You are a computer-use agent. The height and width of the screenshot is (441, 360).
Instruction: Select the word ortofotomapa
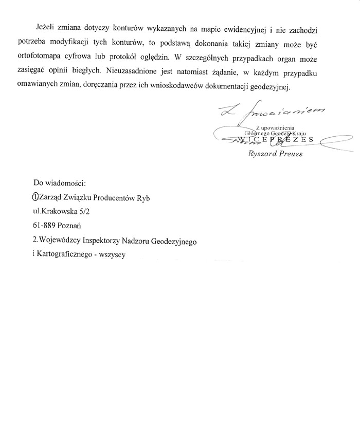pyautogui.click(x=58, y=57)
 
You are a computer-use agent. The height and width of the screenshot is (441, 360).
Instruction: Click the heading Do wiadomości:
pyautogui.click(x=59, y=182)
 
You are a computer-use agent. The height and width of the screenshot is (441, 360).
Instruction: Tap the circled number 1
pyautogui.click(x=35, y=197)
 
